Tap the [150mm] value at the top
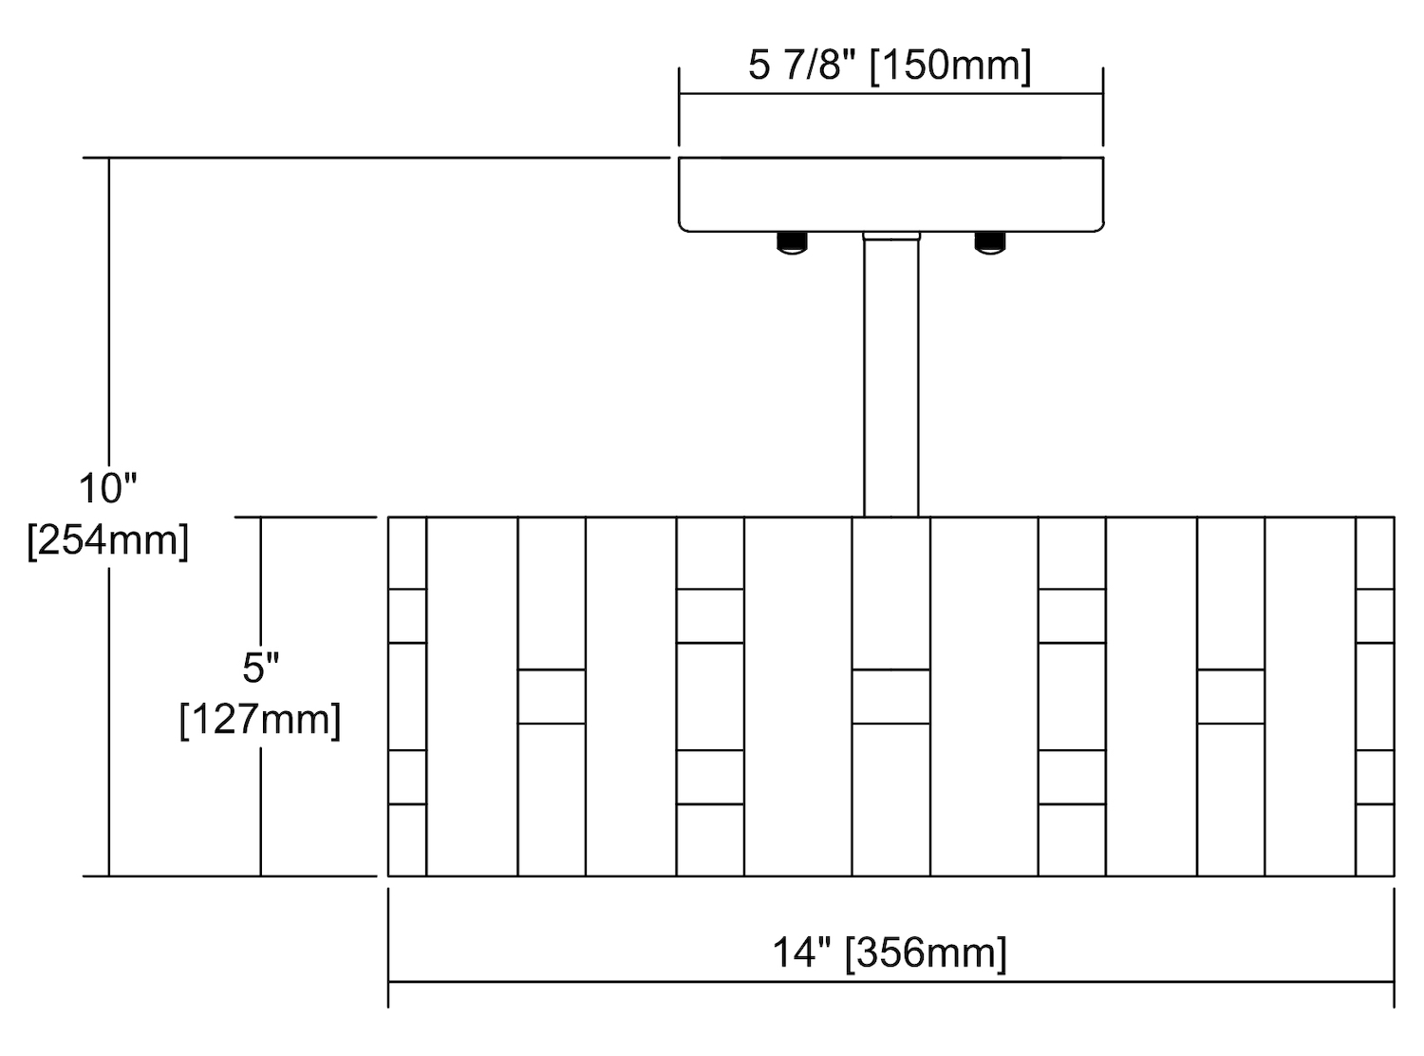pos(949,66)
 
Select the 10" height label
pos(108,488)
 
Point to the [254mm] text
pos(108,541)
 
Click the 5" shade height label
pos(261,668)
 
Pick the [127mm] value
pos(260,720)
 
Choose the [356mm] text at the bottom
pos(926,952)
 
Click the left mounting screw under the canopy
pos(793,242)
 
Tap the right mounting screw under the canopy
pos(990,242)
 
